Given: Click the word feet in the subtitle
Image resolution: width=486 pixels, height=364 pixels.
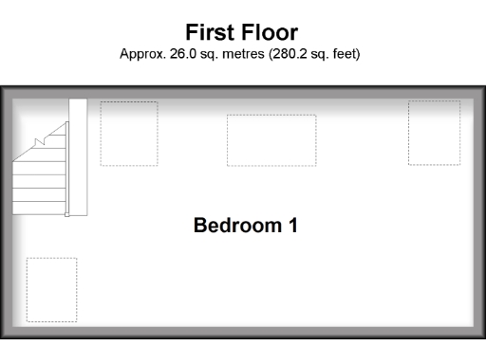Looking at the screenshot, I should click(x=346, y=54).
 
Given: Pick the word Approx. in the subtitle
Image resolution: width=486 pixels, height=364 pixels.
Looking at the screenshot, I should click(x=139, y=54).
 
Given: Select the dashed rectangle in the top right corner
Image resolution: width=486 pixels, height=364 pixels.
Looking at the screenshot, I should click(x=434, y=133).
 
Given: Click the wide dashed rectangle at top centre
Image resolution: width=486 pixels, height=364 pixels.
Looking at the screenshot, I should click(x=271, y=139).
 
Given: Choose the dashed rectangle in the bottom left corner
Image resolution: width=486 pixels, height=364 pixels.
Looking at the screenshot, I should click(x=51, y=288).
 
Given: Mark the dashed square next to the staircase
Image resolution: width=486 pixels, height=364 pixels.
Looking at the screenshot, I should click(x=129, y=133).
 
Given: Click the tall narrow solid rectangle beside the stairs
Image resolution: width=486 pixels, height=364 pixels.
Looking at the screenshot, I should click(x=78, y=156).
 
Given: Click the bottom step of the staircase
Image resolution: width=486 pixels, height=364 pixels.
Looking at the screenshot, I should click(x=39, y=208).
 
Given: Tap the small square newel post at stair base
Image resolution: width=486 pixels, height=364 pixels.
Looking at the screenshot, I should click(x=66, y=214).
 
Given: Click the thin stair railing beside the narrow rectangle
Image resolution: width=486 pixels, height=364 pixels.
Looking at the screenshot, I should click(x=67, y=166).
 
